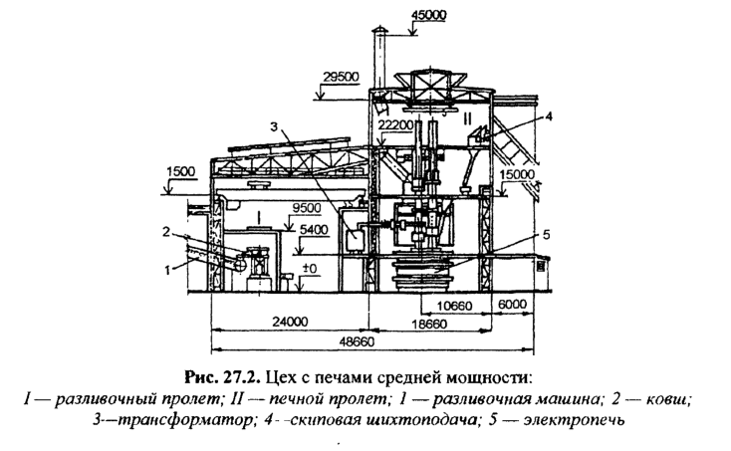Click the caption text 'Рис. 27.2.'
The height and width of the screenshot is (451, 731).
pyautogui.click(x=216, y=377)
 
